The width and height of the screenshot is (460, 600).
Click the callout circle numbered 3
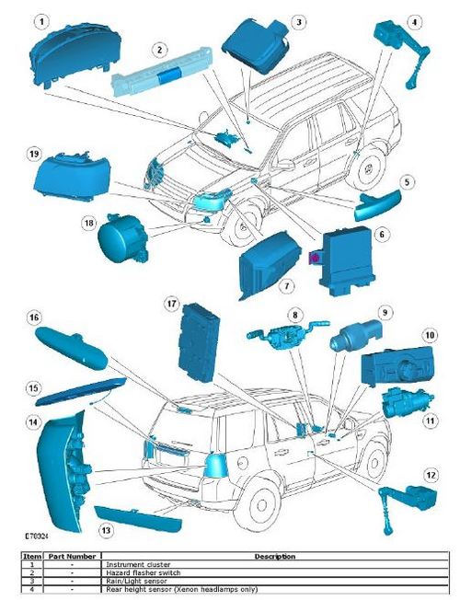pyautogui.click(x=298, y=21)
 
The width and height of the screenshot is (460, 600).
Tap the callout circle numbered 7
pyautogui.click(x=287, y=286)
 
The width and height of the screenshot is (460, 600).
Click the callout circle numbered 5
pyautogui.click(x=407, y=182)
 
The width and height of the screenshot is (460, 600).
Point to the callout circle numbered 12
pyautogui.click(x=430, y=475)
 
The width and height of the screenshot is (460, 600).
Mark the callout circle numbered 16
pyautogui.click(x=33, y=317)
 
